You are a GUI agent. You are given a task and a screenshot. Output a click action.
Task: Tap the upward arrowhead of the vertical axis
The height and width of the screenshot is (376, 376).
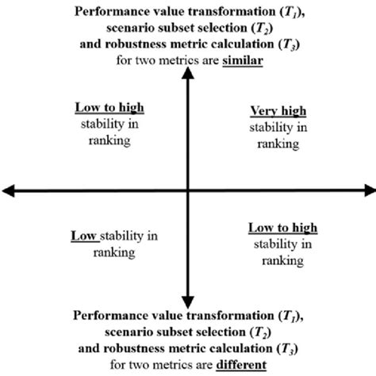click(186, 73)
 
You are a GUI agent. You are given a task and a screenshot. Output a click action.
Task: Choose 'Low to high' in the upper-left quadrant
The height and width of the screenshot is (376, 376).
click(105, 106)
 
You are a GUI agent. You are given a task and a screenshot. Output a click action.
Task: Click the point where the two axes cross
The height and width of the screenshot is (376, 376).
click(186, 190)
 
